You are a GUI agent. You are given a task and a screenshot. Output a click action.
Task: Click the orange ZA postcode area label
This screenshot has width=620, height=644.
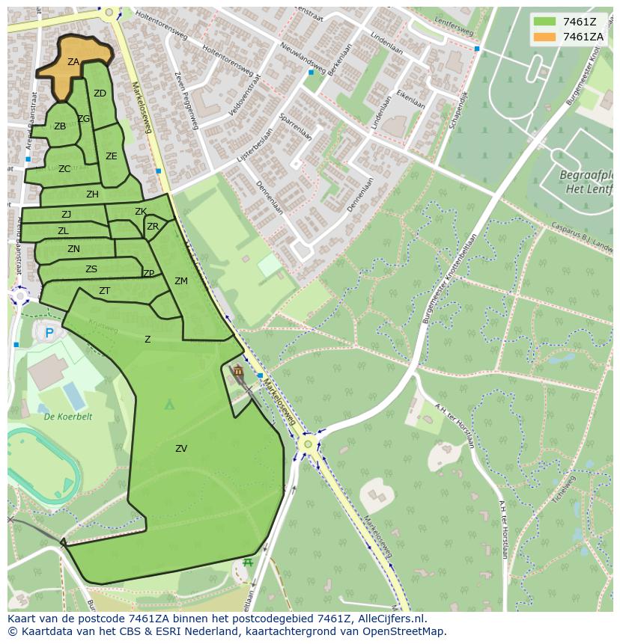point(73,62)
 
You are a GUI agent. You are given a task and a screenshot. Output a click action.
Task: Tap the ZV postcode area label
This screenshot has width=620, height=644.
point(181,449)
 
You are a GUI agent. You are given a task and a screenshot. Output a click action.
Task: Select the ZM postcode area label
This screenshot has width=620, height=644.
point(181,281)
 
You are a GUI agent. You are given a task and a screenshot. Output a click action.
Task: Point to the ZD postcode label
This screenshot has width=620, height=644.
point(100,93)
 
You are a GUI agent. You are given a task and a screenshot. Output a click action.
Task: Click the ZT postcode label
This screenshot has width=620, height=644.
point(105,291)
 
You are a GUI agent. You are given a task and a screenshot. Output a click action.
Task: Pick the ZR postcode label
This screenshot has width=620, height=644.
point(153,227)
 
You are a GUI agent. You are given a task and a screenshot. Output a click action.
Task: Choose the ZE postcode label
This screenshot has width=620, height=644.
point(112,156)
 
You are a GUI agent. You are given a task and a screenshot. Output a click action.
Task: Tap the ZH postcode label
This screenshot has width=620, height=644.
point(92,194)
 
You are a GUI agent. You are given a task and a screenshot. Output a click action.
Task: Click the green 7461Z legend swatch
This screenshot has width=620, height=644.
point(544,22)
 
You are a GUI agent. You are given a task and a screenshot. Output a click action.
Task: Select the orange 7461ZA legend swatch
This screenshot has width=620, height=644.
point(544,37)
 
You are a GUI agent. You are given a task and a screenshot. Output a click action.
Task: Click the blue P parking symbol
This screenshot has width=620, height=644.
point(49,333)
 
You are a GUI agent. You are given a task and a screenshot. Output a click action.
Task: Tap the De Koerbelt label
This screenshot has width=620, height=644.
point(67,417)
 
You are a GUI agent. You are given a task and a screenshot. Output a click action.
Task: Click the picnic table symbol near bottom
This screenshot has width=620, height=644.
point(248,562)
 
